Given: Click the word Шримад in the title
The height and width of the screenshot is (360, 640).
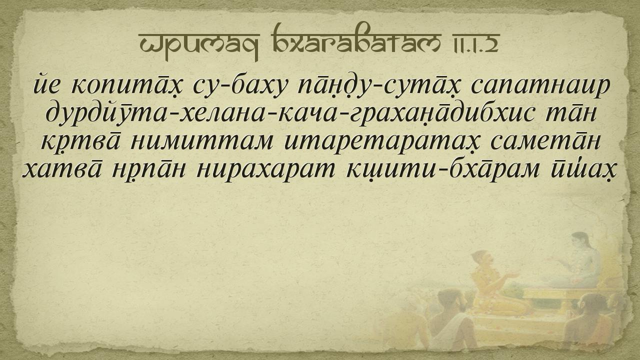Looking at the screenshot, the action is point(199,43).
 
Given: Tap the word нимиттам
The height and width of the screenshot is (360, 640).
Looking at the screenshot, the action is point(201,141).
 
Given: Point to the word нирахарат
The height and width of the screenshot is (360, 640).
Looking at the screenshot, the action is point(265,170).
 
